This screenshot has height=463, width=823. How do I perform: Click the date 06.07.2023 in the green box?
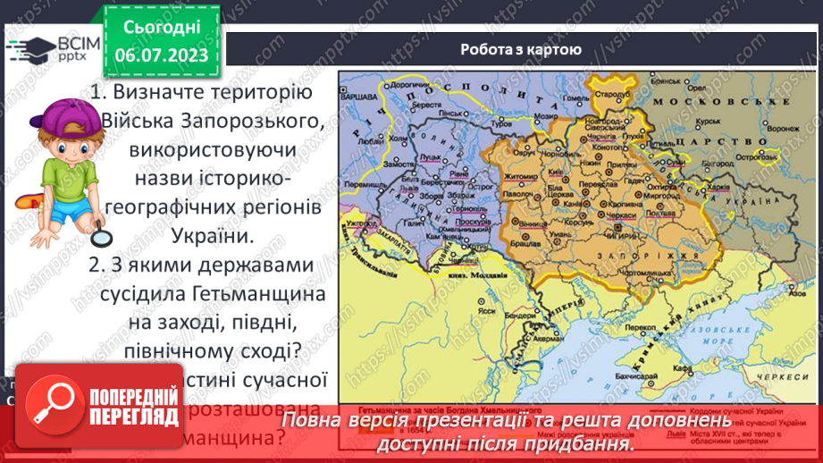coord(161,55)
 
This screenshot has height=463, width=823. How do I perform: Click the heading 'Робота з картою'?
coord(521,50)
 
